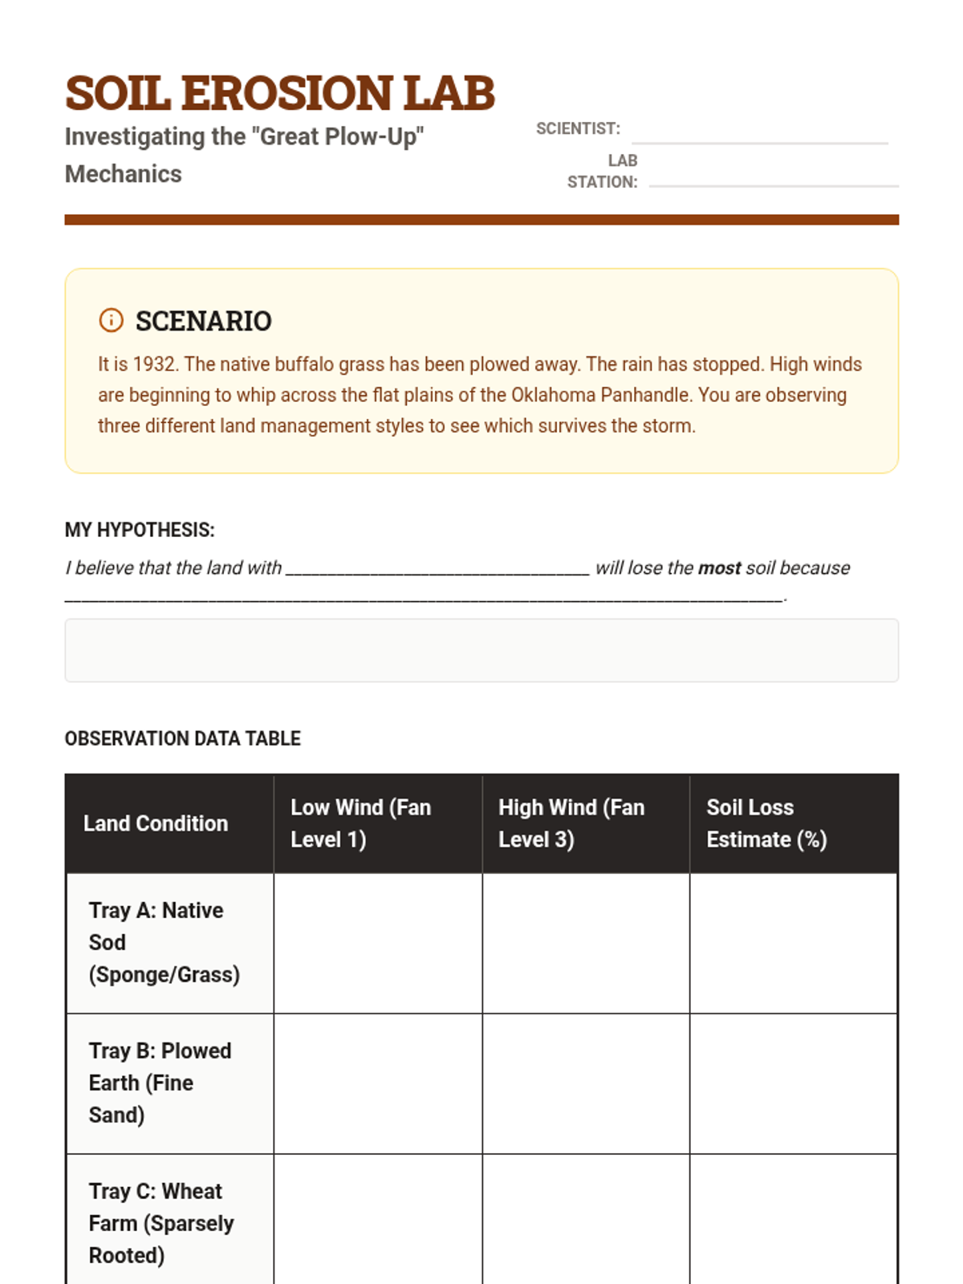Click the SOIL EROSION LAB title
tap(279, 93)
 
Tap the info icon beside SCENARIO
tap(111, 320)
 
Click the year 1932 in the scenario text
tap(154, 364)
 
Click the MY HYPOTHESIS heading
tap(140, 530)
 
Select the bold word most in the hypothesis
tap(719, 568)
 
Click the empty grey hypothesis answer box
tap(481, 650)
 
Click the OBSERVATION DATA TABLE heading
tap(182, 738)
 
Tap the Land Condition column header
tap(156, 823)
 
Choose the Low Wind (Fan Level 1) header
tap(361, 823)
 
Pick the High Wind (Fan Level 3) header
tap(571, 823)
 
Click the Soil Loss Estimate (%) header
tap(766, 823)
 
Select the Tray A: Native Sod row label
tap(164, 942)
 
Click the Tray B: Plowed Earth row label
tap(160, 1083)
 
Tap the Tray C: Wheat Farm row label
tap(160, 1223)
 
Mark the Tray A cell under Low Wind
tap(378, 943)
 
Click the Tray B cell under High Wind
tap(586, 1083)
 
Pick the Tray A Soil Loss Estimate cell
tap(793, 943)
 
